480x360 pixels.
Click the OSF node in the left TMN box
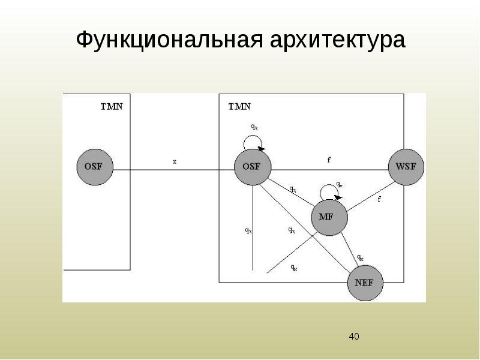point(95,166)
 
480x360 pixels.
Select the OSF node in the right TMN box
point(252,166)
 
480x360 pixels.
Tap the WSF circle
point(406,166)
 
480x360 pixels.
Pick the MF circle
point(329,217)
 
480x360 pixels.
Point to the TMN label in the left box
point(111,107)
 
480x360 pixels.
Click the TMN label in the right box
point(239,107)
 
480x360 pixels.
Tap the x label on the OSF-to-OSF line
point(175,161)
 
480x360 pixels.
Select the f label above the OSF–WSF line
point(328,160)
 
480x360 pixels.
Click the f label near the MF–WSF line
point(379,199)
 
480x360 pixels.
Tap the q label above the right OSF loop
point(254,127)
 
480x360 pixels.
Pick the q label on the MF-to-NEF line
point(360,257)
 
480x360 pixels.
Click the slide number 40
point(354,336)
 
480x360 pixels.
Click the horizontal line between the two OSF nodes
point(174,170)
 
